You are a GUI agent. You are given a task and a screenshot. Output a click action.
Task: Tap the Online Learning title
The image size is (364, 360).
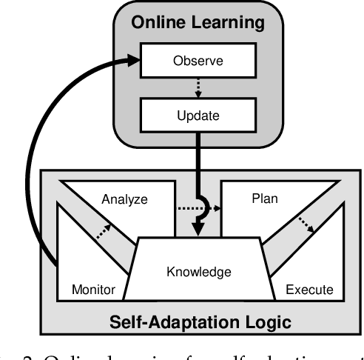[198, 23]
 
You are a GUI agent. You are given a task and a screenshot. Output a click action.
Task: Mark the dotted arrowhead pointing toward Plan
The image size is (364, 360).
[218, 209]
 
